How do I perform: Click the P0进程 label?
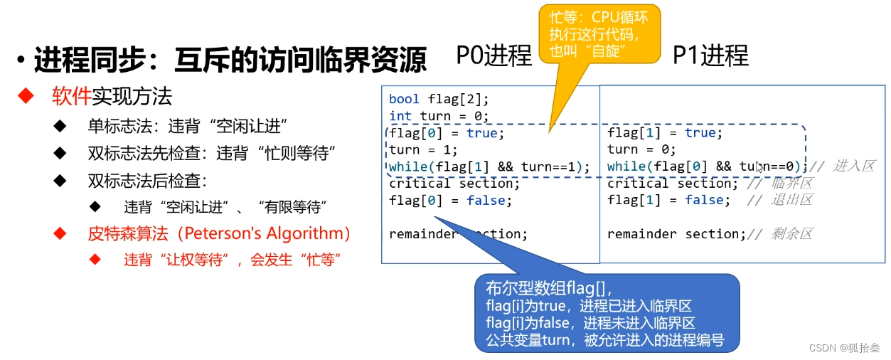pos(494,55)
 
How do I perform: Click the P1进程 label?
pos(710,55)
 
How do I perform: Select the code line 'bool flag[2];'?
pos(439,99)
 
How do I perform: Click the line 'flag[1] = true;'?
pos(664,133)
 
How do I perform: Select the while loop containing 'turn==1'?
pos(490,167)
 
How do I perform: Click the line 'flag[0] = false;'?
pos(450,201)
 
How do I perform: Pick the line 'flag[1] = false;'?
pos(668,201)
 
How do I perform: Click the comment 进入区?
pos(853,166)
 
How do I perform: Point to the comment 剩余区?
pos(791,234)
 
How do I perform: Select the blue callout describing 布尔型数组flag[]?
pos(607,313)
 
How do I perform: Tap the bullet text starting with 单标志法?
pos(186,126)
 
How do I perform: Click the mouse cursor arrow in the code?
pos(759,167)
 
